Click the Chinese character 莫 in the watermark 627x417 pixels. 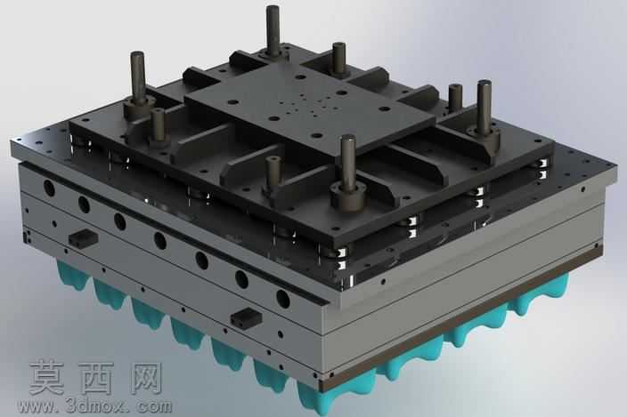tap(47, 378)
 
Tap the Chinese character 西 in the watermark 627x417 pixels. tap(97, 378)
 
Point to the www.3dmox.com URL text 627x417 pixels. tap(96, 406)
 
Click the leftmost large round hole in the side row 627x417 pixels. tap(50, 188)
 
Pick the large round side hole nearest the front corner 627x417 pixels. tap(282, 299)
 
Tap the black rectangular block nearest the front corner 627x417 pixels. tap(247, 317)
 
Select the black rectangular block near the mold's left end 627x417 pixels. tap(83, 237)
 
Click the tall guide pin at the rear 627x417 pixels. tap(273, 30)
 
